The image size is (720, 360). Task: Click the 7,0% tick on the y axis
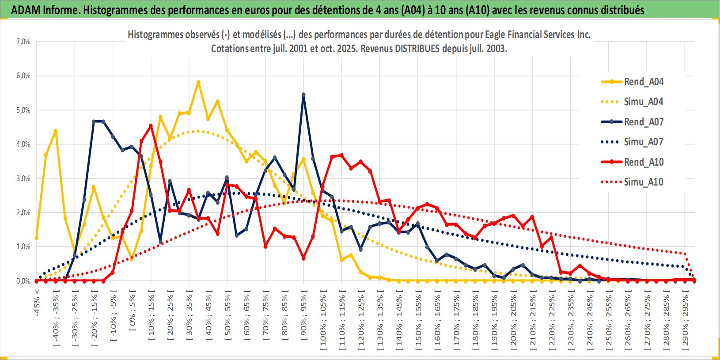pos(23,42)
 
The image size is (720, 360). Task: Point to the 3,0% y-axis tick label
pos(23,178)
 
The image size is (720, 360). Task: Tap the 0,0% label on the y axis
pos(23,281)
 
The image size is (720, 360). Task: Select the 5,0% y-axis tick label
pos(23,110)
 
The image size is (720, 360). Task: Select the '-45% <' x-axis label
pos(37,303)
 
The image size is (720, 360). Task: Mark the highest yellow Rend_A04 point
pos(198,82)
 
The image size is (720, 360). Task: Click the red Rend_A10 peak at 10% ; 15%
pos(151,126)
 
